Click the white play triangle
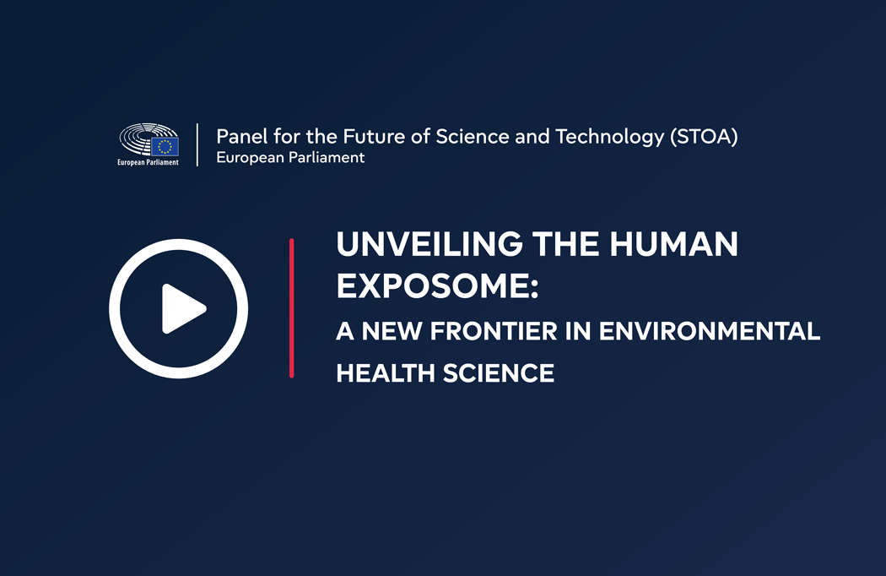coord(182,309)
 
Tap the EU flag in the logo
coord(165,147)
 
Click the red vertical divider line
coord(292,307)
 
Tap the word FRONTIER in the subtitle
coord(494,332)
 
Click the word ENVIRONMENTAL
coord(709,332)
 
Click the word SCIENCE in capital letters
coord(499,373)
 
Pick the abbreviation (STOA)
coord(704,137)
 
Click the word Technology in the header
coord(610,137)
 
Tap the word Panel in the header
coord(242,136)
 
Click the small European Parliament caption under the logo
coord(148,162)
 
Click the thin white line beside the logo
coord(197,145)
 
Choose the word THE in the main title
coord(565,244)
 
